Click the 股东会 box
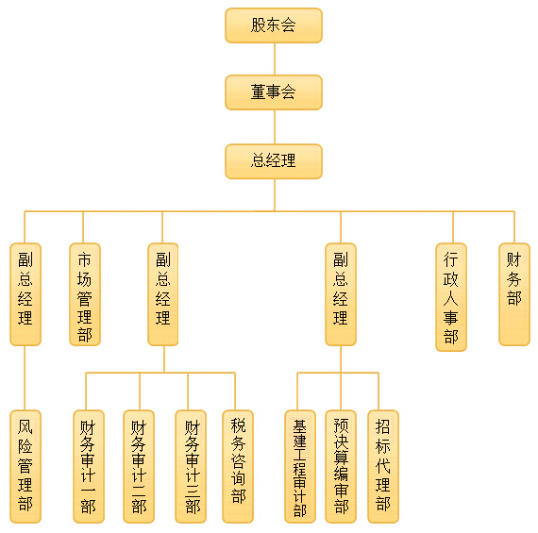point(274,25)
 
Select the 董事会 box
point(274,92)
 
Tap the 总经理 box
point(274,161)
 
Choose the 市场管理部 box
point(85,294)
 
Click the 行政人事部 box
point(451,297)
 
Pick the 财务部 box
point(514,294)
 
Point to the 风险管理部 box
point(25,466)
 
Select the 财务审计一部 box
point(89,466)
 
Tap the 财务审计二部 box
point(139,466)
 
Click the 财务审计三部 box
point(191,466)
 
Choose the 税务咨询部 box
point(238,466)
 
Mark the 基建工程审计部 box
point(300,466)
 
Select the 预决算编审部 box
point(341,466)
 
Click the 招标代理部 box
point(383,466)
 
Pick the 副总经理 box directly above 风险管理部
point(25,294)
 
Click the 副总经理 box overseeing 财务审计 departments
point(163,294)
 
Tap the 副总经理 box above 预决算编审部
point(341,294)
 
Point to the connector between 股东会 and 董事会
point(275,59)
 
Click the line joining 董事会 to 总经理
point(275,127)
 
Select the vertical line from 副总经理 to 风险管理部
point(25,377)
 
